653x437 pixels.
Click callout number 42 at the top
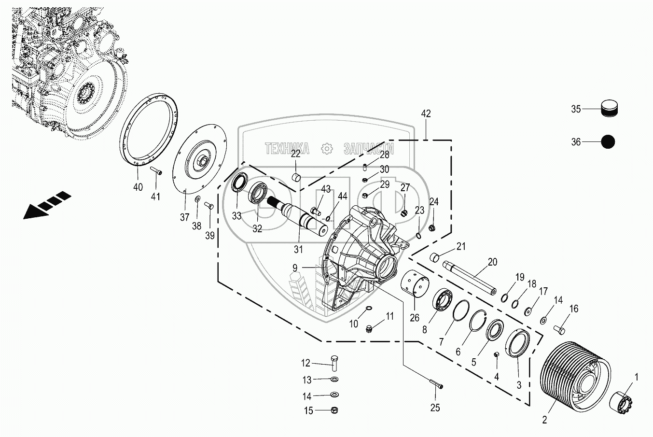pos(426,114)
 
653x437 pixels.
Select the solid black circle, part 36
pos(608,142)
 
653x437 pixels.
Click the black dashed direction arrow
pos(46,205)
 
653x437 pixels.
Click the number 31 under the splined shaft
pos(298,250)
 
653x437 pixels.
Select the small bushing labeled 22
pos(297,177)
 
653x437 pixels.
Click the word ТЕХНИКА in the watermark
pos(287,149)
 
